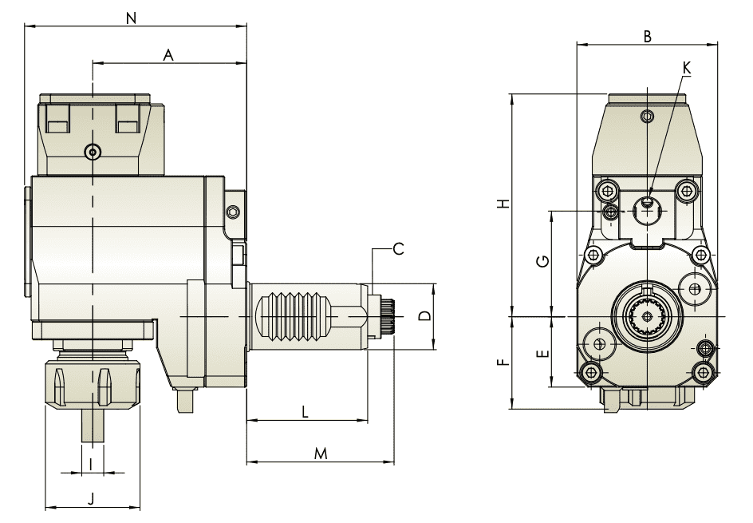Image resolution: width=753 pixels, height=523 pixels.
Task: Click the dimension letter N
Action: [x=132, y=16]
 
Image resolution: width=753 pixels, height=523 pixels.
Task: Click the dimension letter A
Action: [x=168, y=54]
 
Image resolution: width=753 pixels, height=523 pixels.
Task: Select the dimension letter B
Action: [x=648, y=36]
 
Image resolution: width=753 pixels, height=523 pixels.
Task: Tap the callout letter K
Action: [x=687, y=68]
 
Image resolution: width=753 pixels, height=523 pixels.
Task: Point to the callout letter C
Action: [x=398, y=248]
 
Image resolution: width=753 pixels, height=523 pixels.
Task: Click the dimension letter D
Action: [x=425, y=316]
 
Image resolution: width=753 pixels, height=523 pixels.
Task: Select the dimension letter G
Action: [x=542, y=261]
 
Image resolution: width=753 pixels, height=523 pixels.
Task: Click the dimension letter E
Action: [x=542, y=352]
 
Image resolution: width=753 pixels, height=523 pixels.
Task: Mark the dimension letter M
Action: [x=321, y=454]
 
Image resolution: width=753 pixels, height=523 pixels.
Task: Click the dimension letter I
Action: [x=92, y=463]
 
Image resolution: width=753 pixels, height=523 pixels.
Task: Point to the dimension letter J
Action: [x=91, y=499]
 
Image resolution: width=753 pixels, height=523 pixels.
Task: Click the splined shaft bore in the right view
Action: [x=647, y=317]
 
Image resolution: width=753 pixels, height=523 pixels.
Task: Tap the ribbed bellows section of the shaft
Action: [x=294, y=317]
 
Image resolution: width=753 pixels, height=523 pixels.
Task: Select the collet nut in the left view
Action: [x=92, y=385]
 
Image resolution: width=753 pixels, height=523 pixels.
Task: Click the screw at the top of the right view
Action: [x=647, y=117]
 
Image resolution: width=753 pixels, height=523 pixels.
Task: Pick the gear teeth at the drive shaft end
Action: [x=388, y=317]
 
